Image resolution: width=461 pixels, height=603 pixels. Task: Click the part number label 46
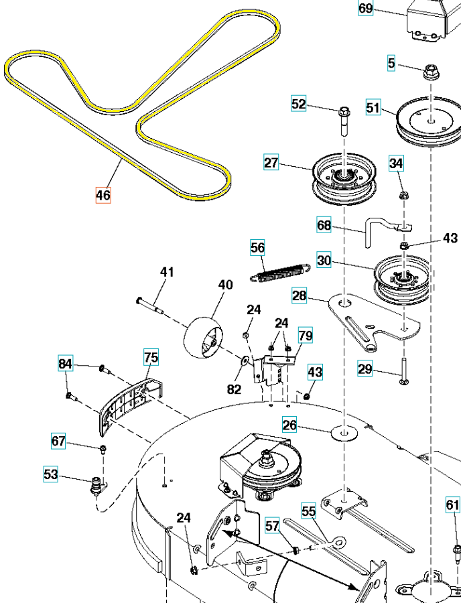103,196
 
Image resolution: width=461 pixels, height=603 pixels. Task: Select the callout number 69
365,8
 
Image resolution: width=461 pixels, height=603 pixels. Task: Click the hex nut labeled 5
429,69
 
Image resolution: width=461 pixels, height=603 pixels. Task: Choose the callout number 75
151,357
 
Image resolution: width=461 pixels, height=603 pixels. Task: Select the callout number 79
305,335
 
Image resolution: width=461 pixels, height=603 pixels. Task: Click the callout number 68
324,226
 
